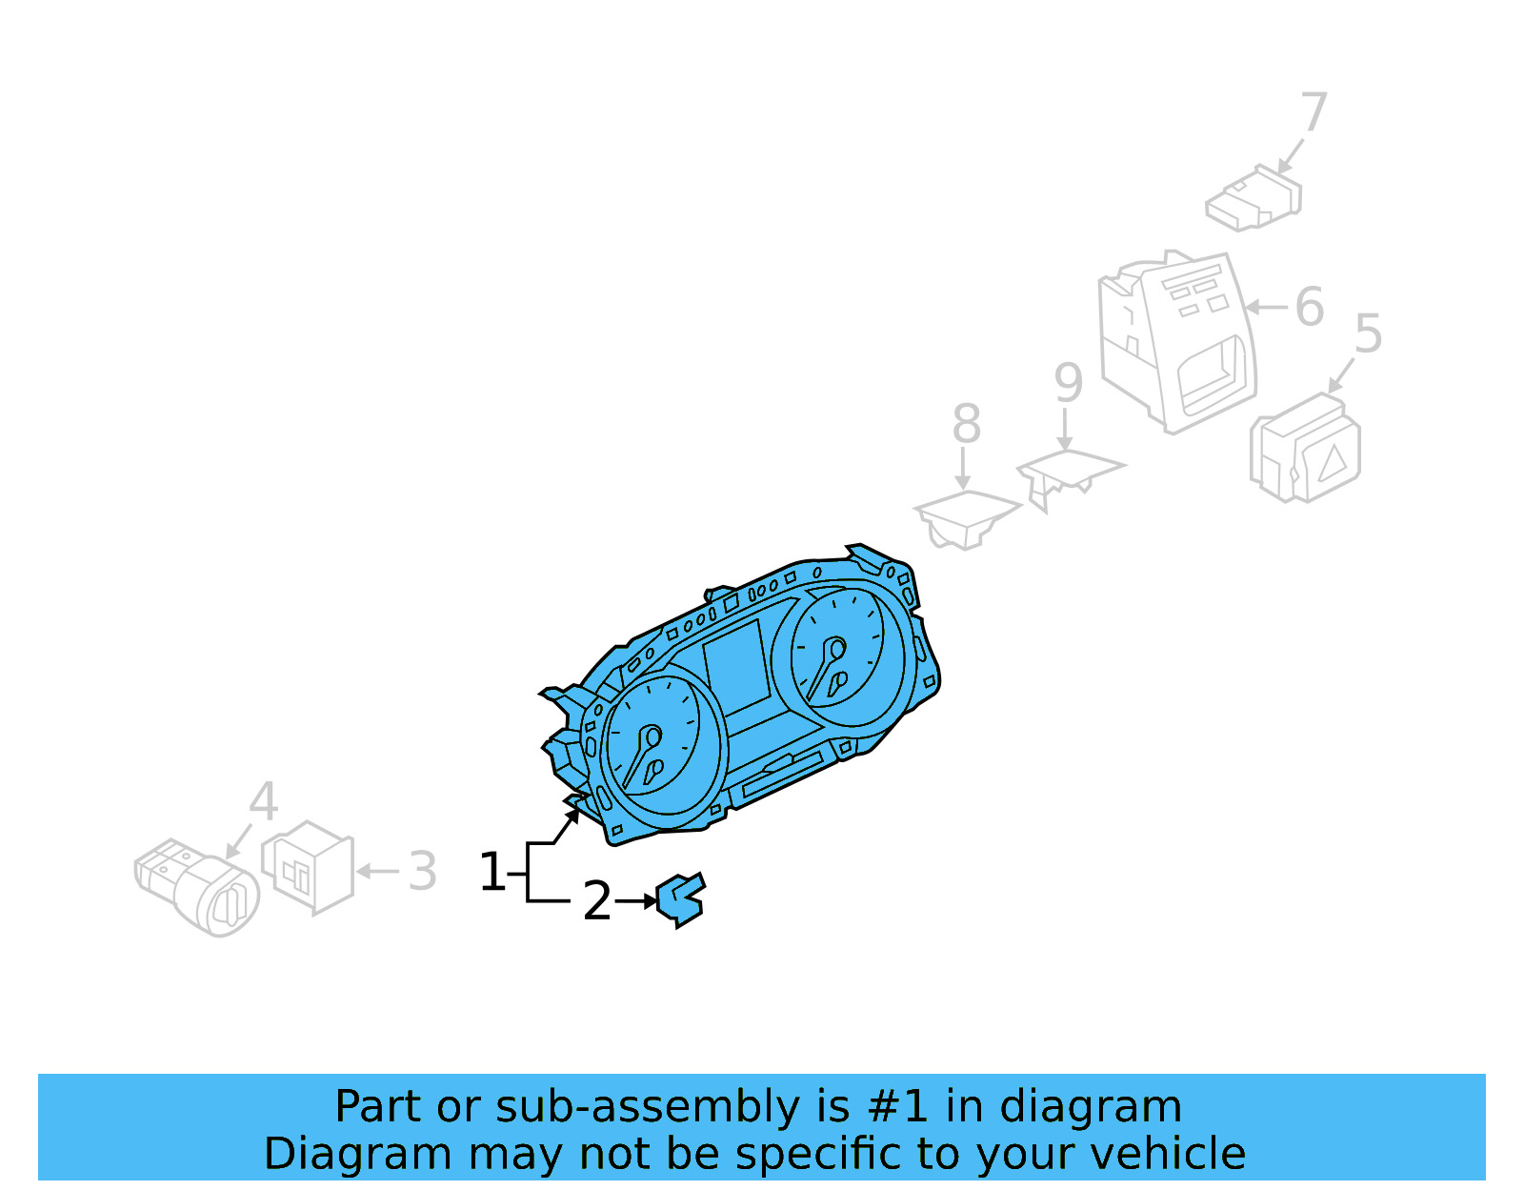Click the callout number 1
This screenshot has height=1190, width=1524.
point(491,872)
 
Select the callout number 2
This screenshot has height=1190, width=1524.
point(596,901)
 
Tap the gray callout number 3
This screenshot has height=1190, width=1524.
point(422,871)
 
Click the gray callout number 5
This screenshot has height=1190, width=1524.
point(1368,334)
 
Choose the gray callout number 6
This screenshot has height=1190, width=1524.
point(1310,307)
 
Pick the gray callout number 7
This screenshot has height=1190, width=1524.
point(1313,112)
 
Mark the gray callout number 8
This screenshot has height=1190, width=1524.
point(966,424)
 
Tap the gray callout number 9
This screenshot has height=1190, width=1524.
point(1068,383)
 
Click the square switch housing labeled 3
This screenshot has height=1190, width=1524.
point(308,867)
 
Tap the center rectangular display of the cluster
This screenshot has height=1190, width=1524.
point(736,666)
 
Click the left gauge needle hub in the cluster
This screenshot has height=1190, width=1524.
point(652,736)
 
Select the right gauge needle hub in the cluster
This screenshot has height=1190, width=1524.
point(837,649)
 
